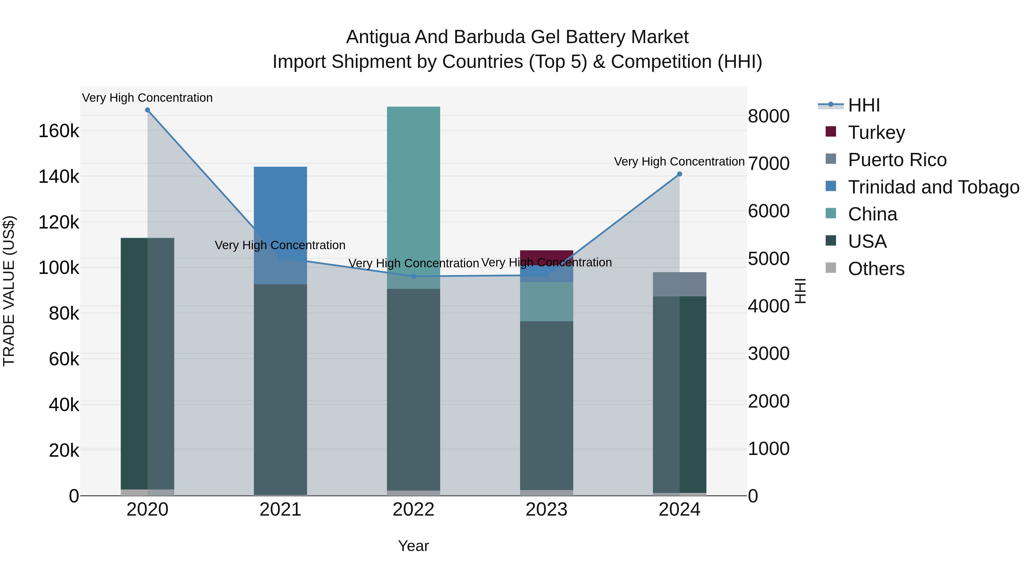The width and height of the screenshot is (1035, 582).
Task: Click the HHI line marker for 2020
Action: click(147, 110)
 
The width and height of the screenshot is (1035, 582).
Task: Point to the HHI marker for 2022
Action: click(413, 276)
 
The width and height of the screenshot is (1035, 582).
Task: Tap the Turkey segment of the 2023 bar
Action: click(547, 257)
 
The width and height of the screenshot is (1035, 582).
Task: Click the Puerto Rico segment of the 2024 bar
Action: click(679, 284)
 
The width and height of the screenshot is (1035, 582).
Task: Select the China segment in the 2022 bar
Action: click(413, 197)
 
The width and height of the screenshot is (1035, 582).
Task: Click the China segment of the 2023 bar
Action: click(547, 301)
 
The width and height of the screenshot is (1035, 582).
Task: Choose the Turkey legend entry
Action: click(876, 132)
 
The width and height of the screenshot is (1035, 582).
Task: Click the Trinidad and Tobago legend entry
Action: click(933, 187)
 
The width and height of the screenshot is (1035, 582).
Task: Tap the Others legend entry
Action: click(876, 269)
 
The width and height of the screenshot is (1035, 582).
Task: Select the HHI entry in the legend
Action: click(864, 105)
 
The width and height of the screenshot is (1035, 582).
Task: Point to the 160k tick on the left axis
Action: click(59, 131)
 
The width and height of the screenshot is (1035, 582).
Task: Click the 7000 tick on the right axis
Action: click(768, 164)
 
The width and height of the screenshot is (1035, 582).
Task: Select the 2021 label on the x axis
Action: click(280, 510)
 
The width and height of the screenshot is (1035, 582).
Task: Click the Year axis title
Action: click(413, 546)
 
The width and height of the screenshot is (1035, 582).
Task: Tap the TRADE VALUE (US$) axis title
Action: click(9, 291)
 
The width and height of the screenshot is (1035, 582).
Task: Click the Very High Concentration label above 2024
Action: click(679, 162)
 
